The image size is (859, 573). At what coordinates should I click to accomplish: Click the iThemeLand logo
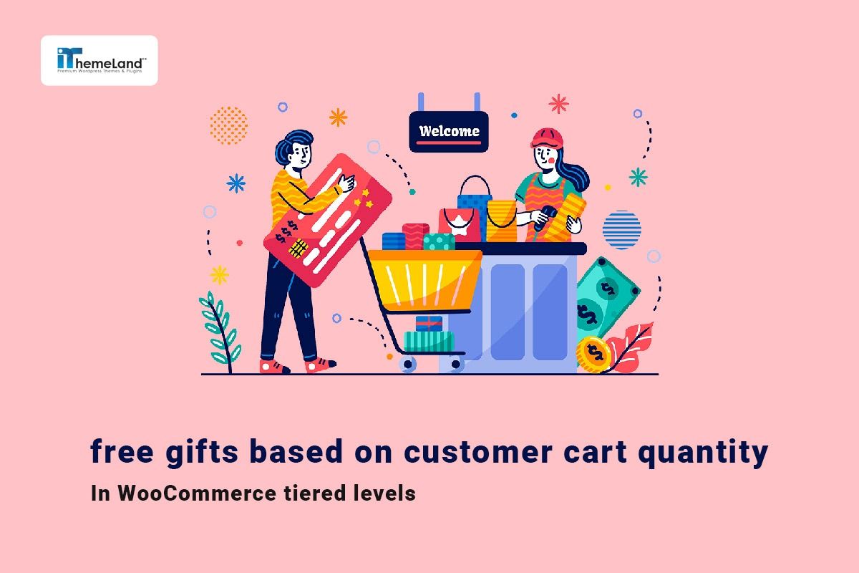(99, 60)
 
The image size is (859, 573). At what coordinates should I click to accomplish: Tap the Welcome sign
(449, 131)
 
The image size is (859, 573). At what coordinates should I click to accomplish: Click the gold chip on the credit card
(299, 249)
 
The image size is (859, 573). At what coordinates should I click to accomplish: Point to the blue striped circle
(621, 229)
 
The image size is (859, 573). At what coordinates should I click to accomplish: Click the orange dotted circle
(228, 125)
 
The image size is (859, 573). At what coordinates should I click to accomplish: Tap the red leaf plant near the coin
(629, 347)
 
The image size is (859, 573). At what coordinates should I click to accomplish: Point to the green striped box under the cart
(428, 340)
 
